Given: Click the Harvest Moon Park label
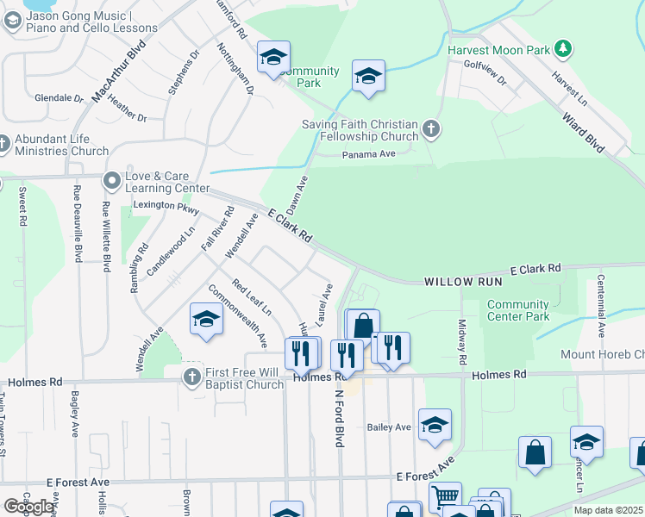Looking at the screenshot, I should coord(498,50).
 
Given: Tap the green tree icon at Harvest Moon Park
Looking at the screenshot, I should coord(563,48).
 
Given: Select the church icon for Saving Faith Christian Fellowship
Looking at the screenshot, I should coord(431,130).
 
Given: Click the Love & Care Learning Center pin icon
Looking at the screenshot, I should coord(111,181).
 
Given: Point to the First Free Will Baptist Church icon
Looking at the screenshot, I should coord(192,377).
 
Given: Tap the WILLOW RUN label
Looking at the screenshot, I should coord(461,283).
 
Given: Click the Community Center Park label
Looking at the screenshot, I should coord(517,310).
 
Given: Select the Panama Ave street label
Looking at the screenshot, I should coord(368,154).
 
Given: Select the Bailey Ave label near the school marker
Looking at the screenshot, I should coord(389,427).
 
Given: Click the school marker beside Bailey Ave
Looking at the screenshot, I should coord(435,425).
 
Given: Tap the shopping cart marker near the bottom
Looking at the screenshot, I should coord(445,496).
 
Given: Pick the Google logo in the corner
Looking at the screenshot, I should coord(28,507).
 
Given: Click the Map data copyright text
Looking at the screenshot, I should coord(608,510).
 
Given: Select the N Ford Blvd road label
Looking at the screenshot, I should coord(339,416).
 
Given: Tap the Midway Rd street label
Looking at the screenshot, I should coord(462,341).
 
